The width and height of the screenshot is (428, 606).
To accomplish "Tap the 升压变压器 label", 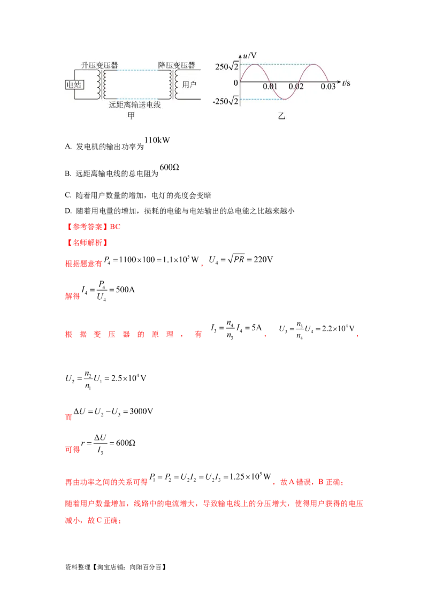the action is pyautogui.click(x=100, y=66).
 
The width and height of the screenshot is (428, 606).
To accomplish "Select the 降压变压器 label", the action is pyautogui.click(x=177, y=66).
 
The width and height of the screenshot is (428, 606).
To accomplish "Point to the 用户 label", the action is pyautogui.click(x=189, y=85).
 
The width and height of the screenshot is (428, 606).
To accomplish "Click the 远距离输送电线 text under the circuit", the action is pyautogui.click(x=134, y=105).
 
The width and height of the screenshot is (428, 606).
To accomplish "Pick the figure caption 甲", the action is pyautogui.click(x=131, y=116).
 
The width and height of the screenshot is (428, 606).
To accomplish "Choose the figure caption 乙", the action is pyautogui.click(x=282, y=116).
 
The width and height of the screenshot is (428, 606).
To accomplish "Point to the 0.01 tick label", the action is pyautogui.click(x=270, y=87).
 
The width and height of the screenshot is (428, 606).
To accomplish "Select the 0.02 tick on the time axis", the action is pyautogui.click(x=296, y=87).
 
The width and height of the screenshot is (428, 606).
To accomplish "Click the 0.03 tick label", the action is pyautogui.click(x=327, y=87).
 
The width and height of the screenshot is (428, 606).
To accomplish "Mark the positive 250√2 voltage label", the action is pyautogui.click(x=227, y=66).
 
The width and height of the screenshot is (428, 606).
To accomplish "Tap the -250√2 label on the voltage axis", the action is pyautogui.click(x=225, y=102).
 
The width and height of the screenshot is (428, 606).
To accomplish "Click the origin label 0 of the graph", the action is pyautogui.click(x=235, y=83).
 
